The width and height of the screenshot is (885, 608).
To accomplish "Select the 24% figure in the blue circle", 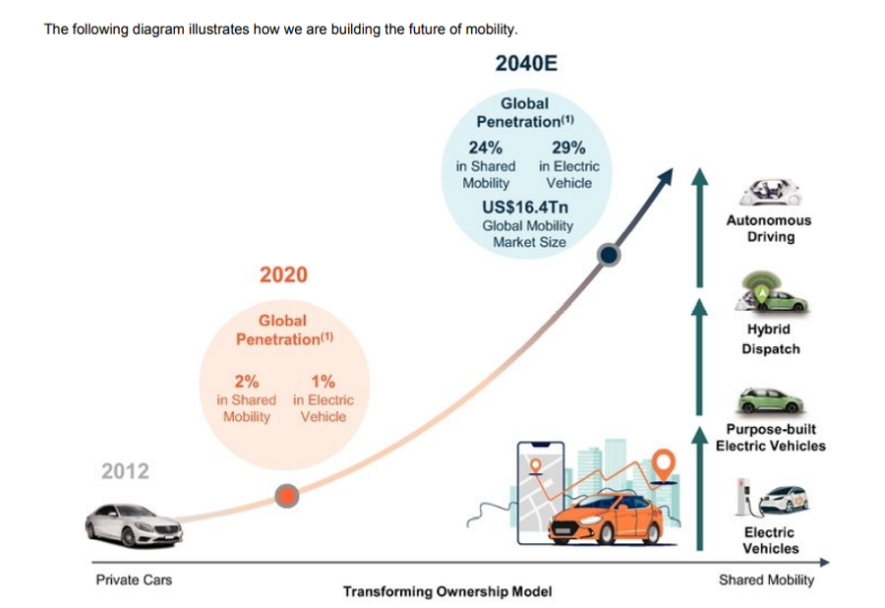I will [485, 148].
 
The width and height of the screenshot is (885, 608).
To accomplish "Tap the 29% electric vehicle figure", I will [569, 148].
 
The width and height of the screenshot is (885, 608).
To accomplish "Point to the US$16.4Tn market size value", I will [526, 208].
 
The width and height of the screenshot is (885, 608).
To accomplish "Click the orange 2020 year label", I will [283, 274].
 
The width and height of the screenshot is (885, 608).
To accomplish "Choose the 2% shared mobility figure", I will [246, 382].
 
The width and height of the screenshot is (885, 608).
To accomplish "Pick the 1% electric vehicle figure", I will [323, 382].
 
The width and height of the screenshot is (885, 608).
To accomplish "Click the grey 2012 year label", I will [126, 471].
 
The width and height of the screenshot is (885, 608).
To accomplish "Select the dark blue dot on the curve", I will [610, 255].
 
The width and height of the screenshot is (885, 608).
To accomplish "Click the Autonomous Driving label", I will [770, 229].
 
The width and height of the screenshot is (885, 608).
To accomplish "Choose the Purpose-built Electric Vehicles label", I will [770, 438].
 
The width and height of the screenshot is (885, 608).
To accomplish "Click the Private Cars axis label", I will [134, 579].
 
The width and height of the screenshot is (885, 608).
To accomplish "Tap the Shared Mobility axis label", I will [766, 579].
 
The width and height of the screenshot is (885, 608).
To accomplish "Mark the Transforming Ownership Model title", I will [447, 592].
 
